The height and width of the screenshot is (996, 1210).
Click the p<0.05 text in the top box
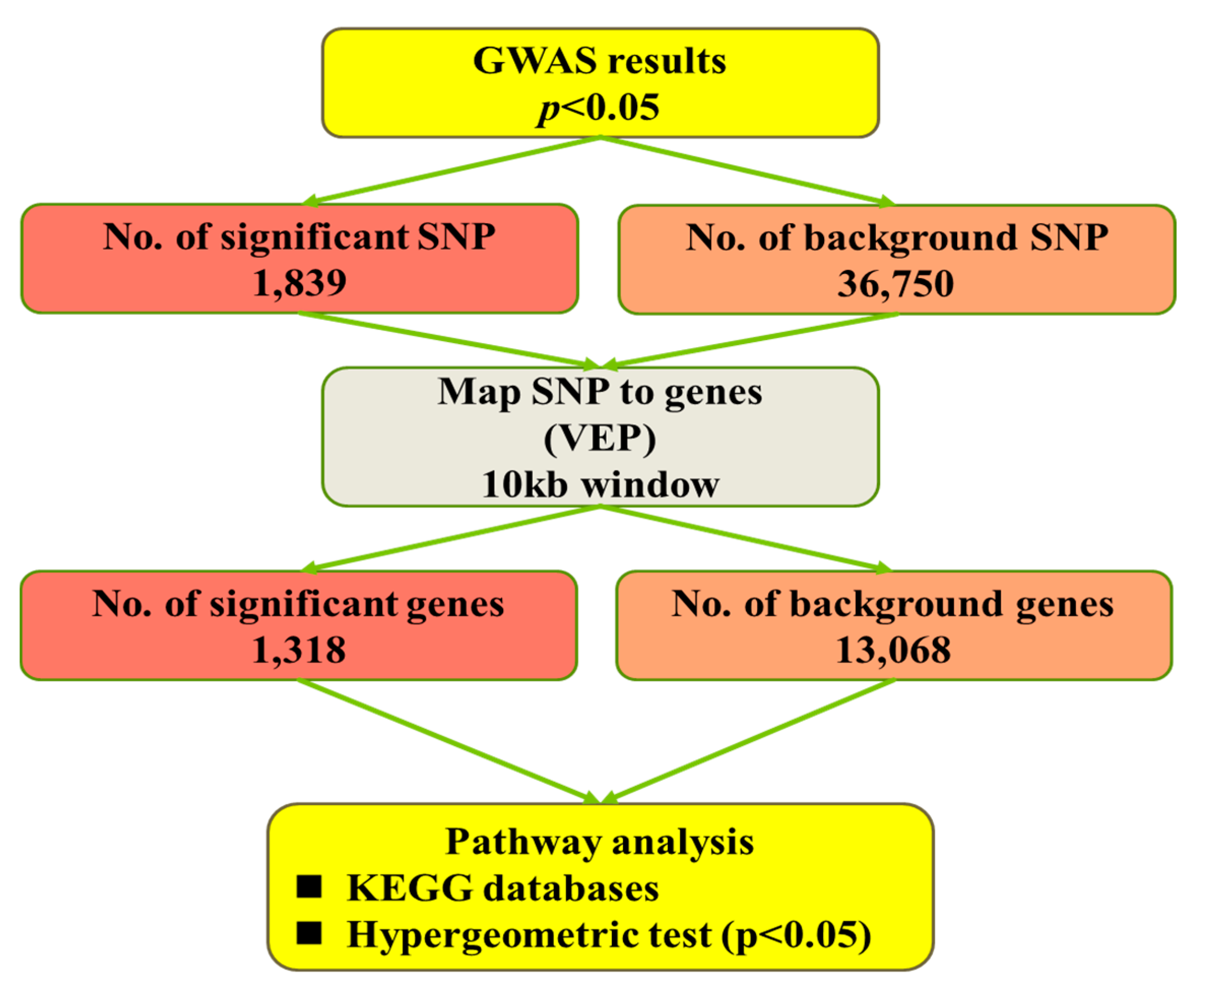[599, 107]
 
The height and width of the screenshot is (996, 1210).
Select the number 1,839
[299, 283]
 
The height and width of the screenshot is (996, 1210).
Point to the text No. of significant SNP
[299, 236]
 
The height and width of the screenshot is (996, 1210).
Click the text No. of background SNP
[897, 237]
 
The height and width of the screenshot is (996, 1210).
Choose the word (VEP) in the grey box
[600, 439]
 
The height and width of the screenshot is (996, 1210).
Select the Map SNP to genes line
[600, 392]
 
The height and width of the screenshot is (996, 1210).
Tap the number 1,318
[299, 650]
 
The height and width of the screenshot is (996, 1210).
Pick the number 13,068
[893, 650]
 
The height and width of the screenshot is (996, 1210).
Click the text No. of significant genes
[299, 604]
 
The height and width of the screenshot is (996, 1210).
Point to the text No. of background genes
[893, 604]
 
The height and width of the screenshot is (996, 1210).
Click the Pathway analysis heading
[599, 842]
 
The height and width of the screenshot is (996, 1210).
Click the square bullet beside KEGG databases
[309, 887]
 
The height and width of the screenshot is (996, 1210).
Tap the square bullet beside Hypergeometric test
[309, 933]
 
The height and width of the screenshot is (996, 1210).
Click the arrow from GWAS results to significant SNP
[450, 170]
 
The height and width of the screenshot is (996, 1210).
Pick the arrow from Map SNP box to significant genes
[450, 538]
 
